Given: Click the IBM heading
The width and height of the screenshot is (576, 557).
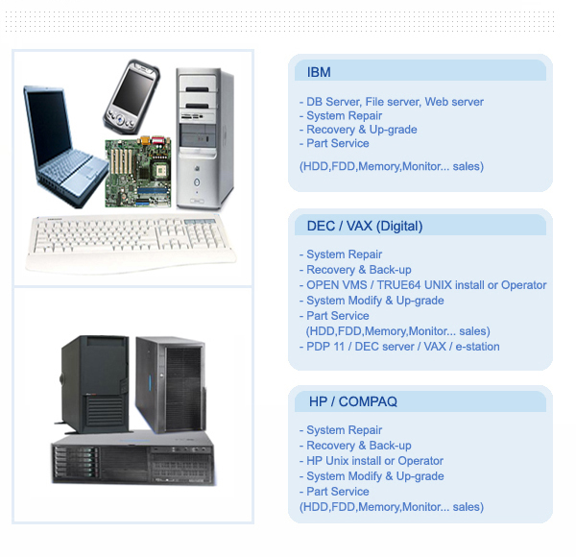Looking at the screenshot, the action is pyautogui.click(x=319, y=72).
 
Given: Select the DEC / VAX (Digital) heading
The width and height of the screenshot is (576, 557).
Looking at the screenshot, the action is pyautogui.click(x=365, y=226).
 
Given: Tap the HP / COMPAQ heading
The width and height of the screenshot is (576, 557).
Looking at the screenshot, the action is pyautogui.click(x=353, y=401).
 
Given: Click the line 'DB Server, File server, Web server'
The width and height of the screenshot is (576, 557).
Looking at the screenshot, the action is pyautogui.click(x=395, y=102).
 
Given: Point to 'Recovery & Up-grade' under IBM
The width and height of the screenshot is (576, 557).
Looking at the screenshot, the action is pyautogui.click(x=362, y=130).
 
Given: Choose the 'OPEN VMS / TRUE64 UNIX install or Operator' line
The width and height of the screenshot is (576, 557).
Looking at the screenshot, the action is pyautogui.click(x=426, y=285).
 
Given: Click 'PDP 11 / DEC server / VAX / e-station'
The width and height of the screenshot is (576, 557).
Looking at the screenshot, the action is pyautogui.click(x=403, y=347).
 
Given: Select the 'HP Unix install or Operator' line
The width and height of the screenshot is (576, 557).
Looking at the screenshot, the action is pyautogui.click(x=374, y=461).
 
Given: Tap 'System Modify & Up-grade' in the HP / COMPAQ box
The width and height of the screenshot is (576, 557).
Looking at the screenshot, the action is pyautogui.click(x=375, y=476).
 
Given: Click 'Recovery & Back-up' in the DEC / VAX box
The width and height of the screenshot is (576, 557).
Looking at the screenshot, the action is pyautogui.click(x=358, y=270).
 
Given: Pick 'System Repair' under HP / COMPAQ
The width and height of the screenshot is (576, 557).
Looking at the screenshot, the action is pyautogui.click(x=345, y=430).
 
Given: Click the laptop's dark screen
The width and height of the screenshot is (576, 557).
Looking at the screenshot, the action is pyautogui.click(x=49, y=125).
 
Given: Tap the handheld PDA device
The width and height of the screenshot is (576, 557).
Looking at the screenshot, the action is pyautogui.click(x=132, y=96).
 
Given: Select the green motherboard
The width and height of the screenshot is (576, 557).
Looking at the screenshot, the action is pyautogui.click(x=138, y=172).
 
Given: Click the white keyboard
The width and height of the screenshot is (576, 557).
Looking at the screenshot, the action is pyautogui.click(x=131, y=243).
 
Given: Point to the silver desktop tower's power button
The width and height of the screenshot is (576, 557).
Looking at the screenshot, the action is pyautogui.click(x=197, y=182).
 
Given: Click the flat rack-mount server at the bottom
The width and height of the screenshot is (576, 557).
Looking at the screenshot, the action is pyautogui.click(x=133, y=458).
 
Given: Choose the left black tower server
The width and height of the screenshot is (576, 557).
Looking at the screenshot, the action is pyautogui.click(x=94, y=383).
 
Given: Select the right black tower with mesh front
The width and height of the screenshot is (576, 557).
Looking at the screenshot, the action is pyautogui.click(x=171, y=384).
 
